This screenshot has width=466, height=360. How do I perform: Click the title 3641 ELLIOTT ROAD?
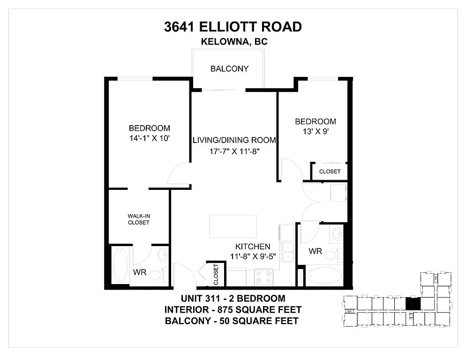[x=233, y=27]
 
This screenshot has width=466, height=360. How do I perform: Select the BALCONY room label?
[x=229, y=69]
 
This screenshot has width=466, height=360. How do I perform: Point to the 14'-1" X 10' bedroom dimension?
[x=149, y=138]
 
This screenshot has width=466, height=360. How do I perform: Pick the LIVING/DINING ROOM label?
[x=234, y=140]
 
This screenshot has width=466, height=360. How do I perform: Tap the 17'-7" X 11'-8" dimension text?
[x=234, y=151]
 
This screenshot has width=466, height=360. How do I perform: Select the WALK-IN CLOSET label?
[x=139, y=219]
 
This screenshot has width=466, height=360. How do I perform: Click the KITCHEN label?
[x=252, y=247]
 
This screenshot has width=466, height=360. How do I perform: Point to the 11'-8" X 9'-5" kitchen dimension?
[x=252, y=256]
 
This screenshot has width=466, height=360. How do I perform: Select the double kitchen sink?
[x=288, y=254]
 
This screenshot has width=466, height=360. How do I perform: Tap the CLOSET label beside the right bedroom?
[x=330, y=172]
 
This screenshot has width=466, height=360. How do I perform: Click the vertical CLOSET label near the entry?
[x=216, y=274]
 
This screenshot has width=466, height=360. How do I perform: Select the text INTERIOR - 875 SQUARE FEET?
[x=233, y=310]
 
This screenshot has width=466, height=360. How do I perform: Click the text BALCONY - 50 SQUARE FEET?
[x=233, y=321]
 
